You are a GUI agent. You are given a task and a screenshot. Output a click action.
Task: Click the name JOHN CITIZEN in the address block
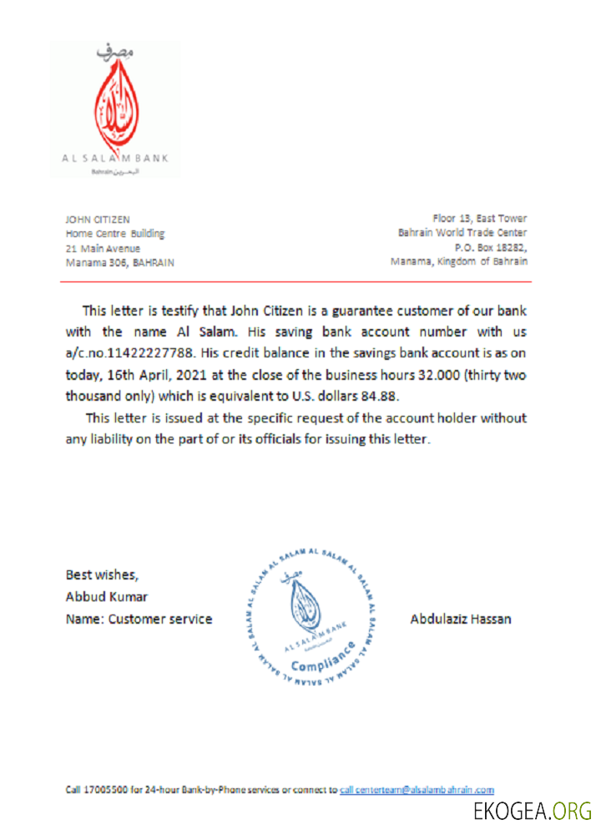[98, 220]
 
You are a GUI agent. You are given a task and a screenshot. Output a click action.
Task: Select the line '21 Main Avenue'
[103, 248]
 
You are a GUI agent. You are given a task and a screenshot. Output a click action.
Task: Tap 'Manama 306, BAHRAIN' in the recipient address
[119, 262]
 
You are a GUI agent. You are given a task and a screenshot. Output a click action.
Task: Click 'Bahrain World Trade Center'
[462, 233]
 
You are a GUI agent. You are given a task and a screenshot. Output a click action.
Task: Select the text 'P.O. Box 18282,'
[491, 247]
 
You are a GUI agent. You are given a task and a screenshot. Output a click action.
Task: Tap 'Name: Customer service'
[139, 620]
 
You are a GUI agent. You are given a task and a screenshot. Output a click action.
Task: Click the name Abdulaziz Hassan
[461, 620]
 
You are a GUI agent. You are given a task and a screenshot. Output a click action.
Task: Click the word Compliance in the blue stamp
[322, 659]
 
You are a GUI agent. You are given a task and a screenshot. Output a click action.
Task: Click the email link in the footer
[417, 789]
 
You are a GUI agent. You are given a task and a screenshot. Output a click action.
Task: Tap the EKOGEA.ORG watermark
[532, 811]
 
